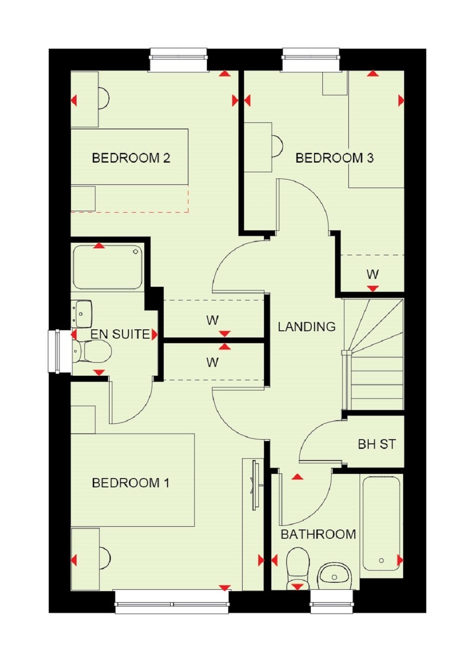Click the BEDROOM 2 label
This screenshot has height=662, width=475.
point(131,158)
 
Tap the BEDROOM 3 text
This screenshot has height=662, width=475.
point(335,158)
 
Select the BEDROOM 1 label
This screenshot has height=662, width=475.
point(131,483)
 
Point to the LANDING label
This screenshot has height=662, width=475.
point(307,327)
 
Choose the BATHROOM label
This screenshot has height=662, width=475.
point(318,534)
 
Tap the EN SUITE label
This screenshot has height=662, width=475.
point(120,334)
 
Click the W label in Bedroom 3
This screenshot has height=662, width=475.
point(372,275)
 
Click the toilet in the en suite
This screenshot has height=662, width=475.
point(92,352)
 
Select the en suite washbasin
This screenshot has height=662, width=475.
point(82,314)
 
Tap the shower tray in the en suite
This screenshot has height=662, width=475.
point(108,267)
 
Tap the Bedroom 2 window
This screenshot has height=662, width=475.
point(178,60)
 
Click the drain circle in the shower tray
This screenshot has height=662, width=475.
point(136,252)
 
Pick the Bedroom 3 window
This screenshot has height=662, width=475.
point(311,60)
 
